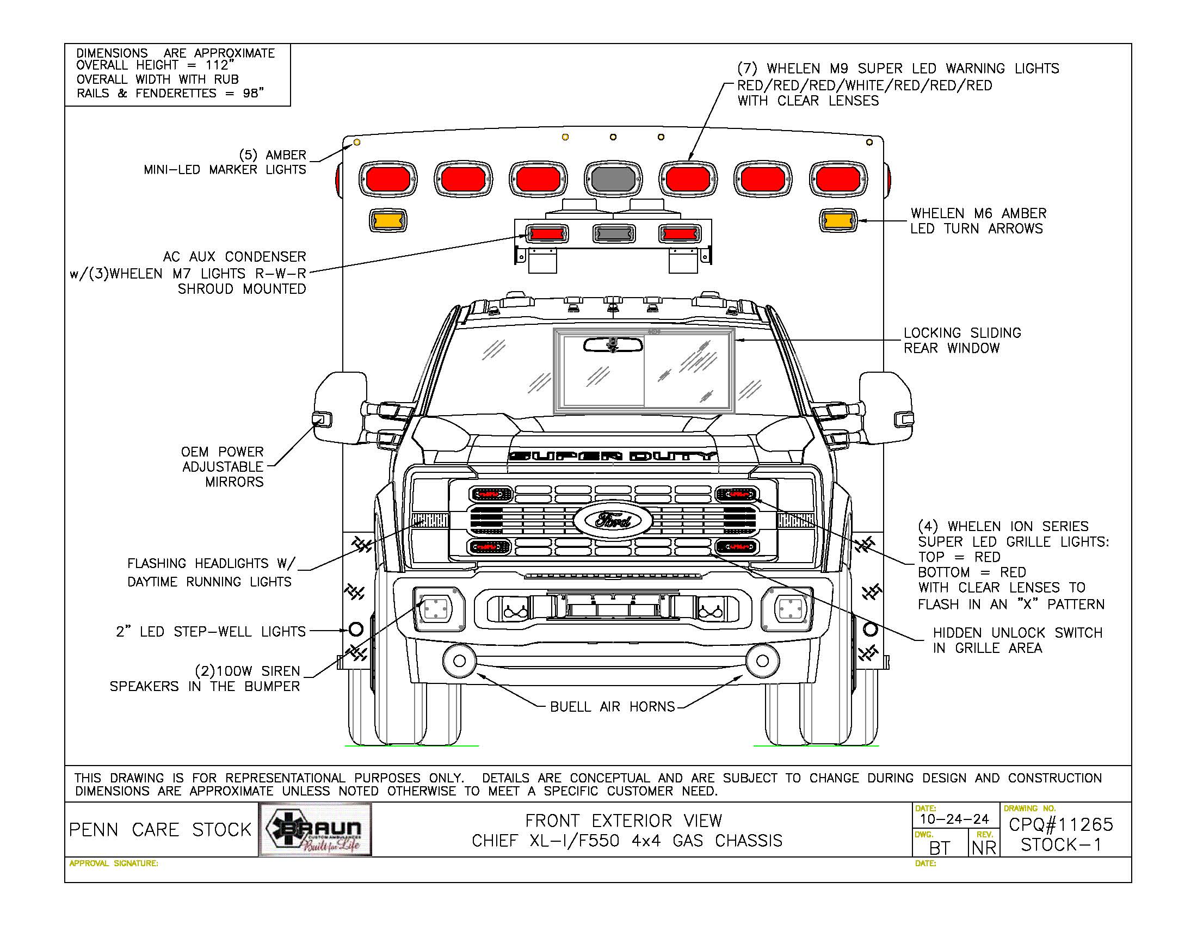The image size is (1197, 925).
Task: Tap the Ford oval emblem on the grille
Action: point(613,520)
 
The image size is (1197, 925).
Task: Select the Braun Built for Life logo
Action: point(315,830)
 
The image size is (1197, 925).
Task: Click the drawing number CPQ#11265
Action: point(1060,825)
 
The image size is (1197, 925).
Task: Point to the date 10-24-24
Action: point(954,819)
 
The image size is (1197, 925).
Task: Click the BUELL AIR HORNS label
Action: point(612,707)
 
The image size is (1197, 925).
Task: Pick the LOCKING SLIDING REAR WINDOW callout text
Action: point(962,340)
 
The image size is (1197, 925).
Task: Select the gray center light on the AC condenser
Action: point(614,234)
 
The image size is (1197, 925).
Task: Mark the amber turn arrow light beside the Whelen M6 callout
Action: point(838,221)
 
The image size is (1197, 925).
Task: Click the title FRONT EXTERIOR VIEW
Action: point(623,821)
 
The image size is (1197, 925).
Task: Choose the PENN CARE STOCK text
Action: point(160,830)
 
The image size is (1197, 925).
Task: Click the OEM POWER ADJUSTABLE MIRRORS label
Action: point(223,467)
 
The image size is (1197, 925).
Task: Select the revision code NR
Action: point(984,848)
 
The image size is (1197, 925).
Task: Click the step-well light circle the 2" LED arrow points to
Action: point(356,629)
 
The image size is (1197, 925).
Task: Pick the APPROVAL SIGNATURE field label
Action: point(114,864)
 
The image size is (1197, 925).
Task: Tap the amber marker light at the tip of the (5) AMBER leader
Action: point(356,143)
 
